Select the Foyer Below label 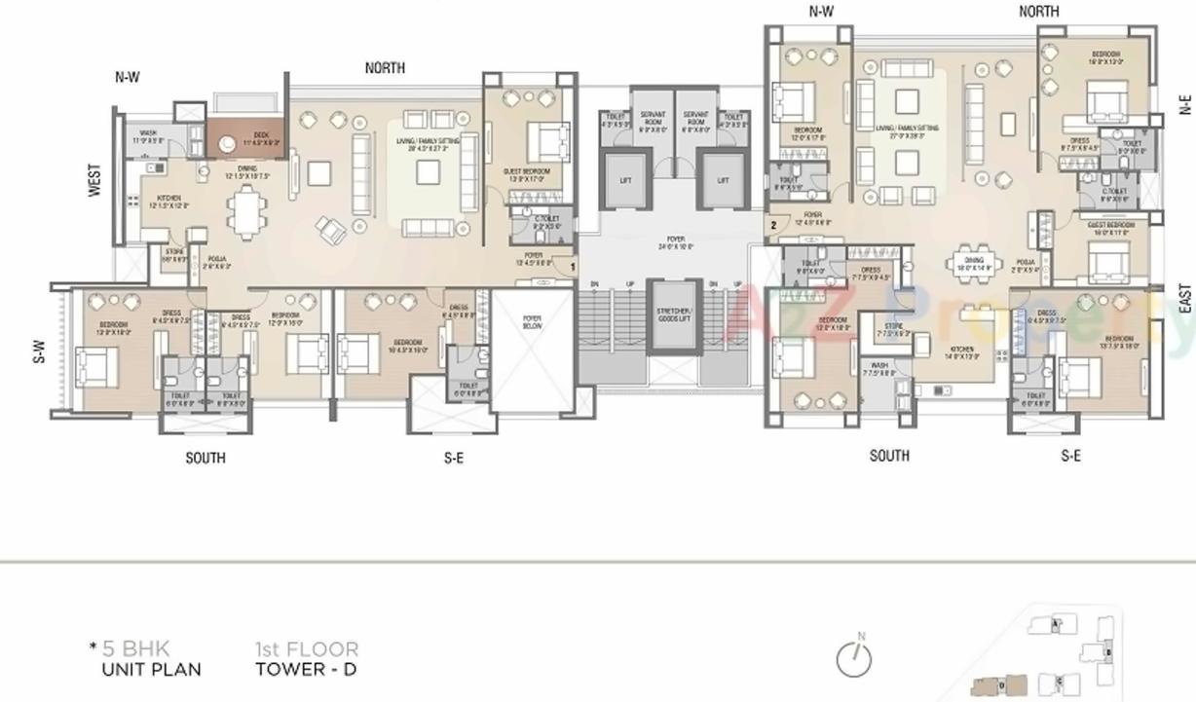(532, 322)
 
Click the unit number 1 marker (573, 266)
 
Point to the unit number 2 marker (773, 225)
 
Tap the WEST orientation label (94, 180)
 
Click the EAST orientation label (1185, 298)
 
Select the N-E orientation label (1185, 105)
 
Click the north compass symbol (853, 658)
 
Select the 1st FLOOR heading (306, 648)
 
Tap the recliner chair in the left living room (331, 230)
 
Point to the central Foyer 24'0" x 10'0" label (674, 241)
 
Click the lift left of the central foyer (625, 180)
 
